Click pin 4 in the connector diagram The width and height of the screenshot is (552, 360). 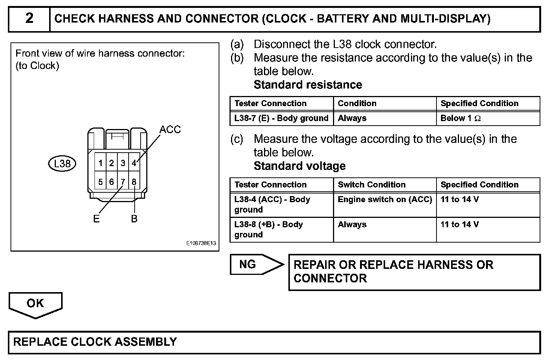(134, 163)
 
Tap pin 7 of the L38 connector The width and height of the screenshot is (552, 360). (123, 182)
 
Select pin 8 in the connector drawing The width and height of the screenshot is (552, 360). (134, 182)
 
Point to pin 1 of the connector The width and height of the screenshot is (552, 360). (100, 163)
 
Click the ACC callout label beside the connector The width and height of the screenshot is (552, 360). (170, 130)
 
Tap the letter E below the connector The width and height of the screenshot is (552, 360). (96, 219)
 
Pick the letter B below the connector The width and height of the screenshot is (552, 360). (134, 219)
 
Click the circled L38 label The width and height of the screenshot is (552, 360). (62, 163)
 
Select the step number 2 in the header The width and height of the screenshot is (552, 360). (29, 18)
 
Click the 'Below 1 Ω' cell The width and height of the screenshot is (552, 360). (460, 118)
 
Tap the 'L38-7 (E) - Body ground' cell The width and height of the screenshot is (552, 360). (281, 118)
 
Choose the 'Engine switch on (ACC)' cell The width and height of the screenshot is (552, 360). (385, 199)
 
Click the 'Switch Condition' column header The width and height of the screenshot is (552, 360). (372, 185)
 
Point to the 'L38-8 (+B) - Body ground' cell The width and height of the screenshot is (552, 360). (268, 229)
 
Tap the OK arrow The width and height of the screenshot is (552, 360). (35, 304)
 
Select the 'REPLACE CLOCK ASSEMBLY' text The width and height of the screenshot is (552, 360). (95, 342)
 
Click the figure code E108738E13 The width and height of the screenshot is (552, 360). (201, 243)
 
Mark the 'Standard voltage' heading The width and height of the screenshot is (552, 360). (300, 166)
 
